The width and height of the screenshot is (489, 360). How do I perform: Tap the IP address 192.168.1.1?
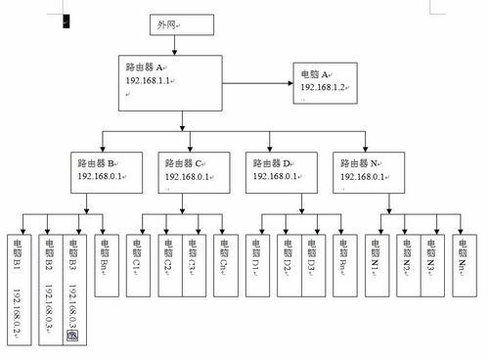(150, 81)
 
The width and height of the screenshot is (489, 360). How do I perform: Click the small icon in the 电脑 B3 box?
(71, 335)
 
